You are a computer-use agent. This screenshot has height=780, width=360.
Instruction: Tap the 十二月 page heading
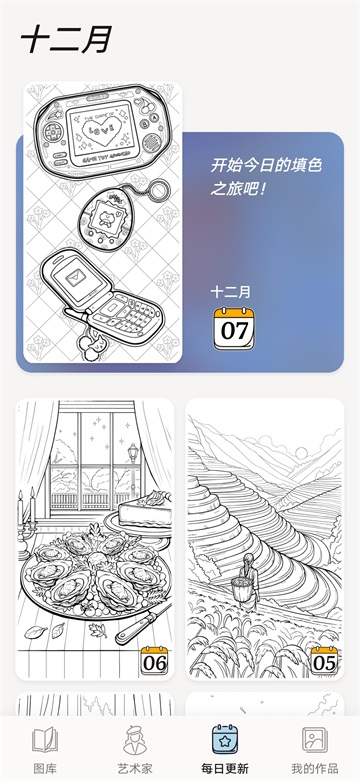pyautogui.click(x=66, y=39)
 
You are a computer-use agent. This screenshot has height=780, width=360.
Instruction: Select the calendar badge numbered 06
pyautogui.click(x=155, y=660)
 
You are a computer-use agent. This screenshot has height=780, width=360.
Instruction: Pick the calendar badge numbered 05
pyautogui.click(x=324, y=660)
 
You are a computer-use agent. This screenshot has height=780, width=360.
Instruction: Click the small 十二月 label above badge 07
pyautogui.click(x=231, y=292)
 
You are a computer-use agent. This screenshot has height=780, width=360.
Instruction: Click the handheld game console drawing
pyautogui.click(x=100, y=134)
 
